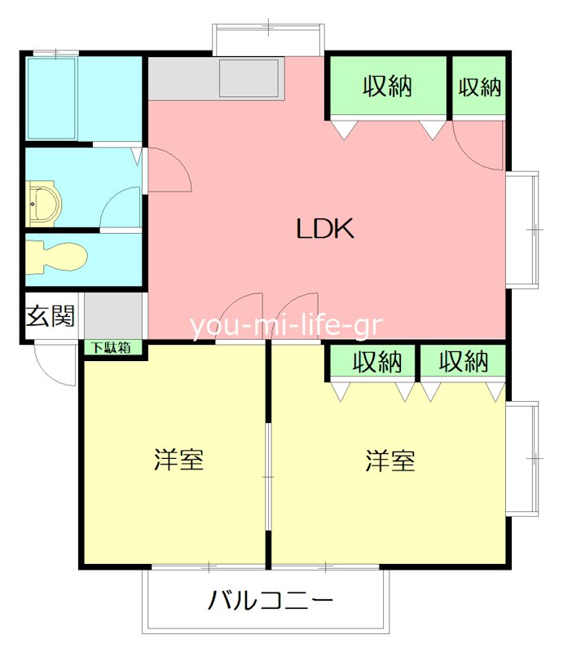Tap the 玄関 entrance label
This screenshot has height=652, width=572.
coord(51,316)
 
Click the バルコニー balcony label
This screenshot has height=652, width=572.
coord(271,603)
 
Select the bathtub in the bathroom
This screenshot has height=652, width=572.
coord(52,99)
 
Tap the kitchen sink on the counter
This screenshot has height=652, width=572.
coord(249,78)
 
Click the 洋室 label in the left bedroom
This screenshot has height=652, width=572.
coord(178,460)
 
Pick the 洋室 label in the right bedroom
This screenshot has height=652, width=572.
coord(390,461)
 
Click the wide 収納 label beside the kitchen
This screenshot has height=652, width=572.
coord(388,86)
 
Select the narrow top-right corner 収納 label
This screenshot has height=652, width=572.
coord(480,86)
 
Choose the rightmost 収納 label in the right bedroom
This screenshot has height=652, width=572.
coord(463,362)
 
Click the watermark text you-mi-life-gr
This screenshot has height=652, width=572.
coord(287,325)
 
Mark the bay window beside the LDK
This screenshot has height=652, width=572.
coord(523,229)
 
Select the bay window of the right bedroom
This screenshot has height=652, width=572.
coord(523,458)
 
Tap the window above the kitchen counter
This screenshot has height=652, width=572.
coord(269,38)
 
